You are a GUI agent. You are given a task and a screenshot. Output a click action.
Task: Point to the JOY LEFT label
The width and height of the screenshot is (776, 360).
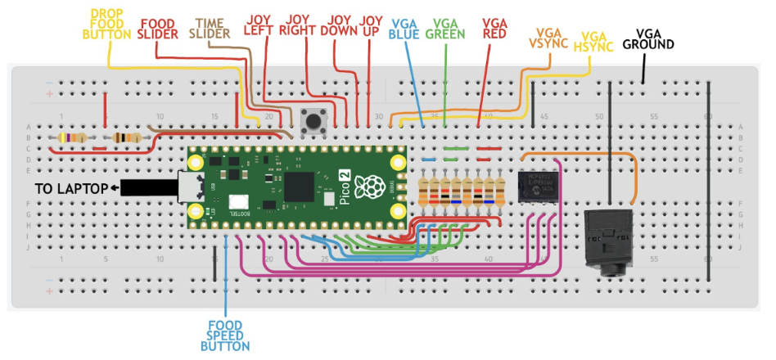pos(260,25)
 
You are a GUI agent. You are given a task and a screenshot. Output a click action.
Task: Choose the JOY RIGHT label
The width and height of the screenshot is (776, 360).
pos(302,25)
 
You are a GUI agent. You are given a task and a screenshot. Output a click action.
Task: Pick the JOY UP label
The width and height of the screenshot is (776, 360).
pos(371,25)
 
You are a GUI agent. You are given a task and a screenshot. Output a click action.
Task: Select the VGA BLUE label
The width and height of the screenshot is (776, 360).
pos(408,29)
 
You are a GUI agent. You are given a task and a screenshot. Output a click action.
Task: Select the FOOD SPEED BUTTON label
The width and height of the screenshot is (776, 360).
pos(225,335)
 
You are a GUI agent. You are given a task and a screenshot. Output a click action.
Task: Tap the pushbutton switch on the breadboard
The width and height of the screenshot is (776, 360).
pos(313,122)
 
